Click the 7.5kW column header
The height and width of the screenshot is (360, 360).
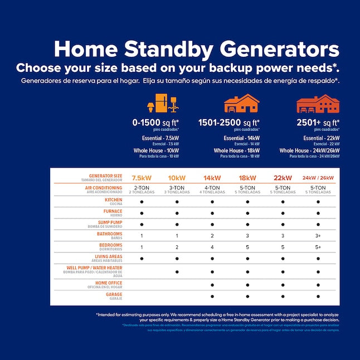[142, 178]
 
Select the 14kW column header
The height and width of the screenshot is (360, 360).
[212, 178]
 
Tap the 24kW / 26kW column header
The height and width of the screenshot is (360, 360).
[318, 178]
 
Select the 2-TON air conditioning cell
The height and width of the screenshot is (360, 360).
[142, 189]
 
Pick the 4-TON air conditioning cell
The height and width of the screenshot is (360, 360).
[212, 189]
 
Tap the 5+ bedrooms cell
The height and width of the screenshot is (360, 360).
[318, 247]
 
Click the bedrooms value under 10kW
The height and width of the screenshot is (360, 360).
[177, 247]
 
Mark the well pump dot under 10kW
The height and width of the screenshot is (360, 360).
[177, 272]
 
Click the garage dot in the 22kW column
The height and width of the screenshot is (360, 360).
[283, 296]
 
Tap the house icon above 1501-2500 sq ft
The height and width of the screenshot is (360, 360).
[241, 104]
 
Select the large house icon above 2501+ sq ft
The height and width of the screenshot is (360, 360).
[318, 104]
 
